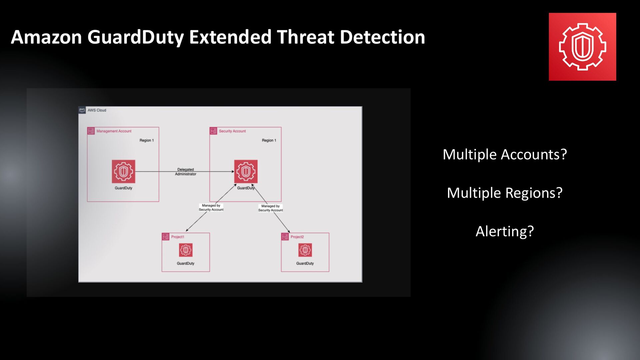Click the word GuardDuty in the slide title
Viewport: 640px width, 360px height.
pos(136,37)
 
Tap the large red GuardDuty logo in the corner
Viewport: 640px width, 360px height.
pos(582,47)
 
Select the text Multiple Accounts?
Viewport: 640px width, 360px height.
pos(504,154)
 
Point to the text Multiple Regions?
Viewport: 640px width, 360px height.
pos(504,193)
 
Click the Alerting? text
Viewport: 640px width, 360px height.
pos(504,231)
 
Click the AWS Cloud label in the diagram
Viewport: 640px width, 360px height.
pos(97,110)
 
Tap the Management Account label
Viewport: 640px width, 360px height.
pos(114,131)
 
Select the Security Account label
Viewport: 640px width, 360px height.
pos(232,131)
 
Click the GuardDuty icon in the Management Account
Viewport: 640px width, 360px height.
pos(123,172)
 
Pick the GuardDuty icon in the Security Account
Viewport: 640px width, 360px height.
pos(246,172)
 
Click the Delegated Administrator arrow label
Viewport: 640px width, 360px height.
pos(185,172)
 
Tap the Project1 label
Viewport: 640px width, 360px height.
pos(177,237)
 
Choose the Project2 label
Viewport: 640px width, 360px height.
pos(297,237)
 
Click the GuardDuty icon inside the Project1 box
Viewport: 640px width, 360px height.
pos(186,250)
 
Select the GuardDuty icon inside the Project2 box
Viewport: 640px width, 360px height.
pos(305,250)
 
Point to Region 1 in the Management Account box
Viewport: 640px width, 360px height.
pos(146,140)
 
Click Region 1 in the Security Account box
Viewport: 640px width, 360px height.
pos(269,140)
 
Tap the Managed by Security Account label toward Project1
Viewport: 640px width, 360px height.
pos(211,208)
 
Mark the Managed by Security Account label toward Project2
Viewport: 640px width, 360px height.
pos(270,208)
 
